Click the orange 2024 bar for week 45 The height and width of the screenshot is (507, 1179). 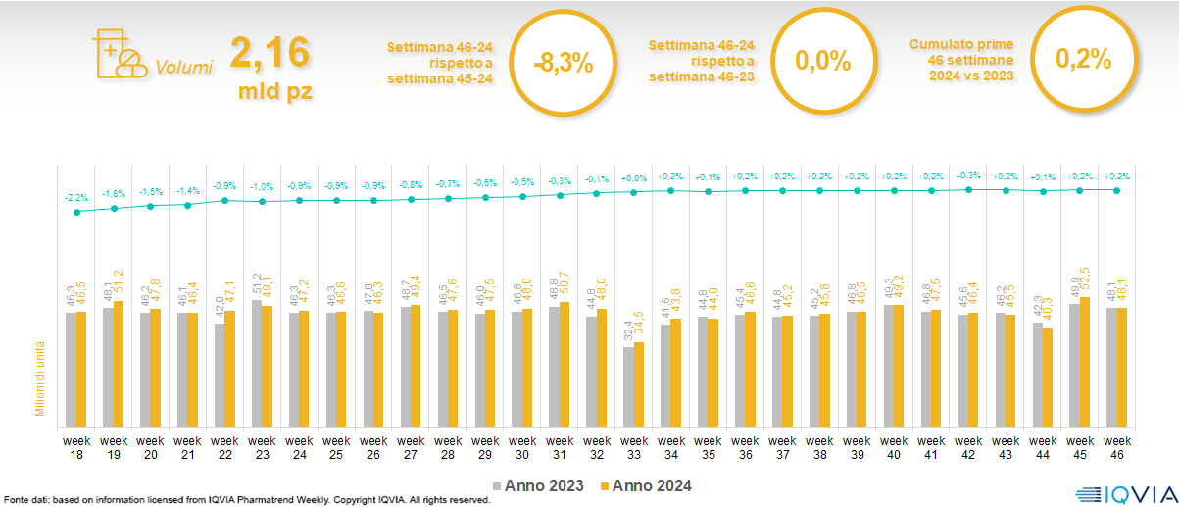[1085, 360]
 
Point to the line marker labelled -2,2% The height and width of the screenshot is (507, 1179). [76, 211]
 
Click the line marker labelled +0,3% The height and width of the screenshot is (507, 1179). [968, 189]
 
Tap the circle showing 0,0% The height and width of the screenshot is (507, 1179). [822, 61]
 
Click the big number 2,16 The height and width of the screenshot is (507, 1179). [270, 52]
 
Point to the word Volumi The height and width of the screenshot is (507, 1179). [184, 68]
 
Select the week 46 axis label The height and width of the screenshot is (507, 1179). [1117, 447]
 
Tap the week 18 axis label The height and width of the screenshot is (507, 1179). [76, 447]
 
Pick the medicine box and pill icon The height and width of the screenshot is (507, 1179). [117, 53]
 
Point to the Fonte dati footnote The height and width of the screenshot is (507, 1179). [245, 500]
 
